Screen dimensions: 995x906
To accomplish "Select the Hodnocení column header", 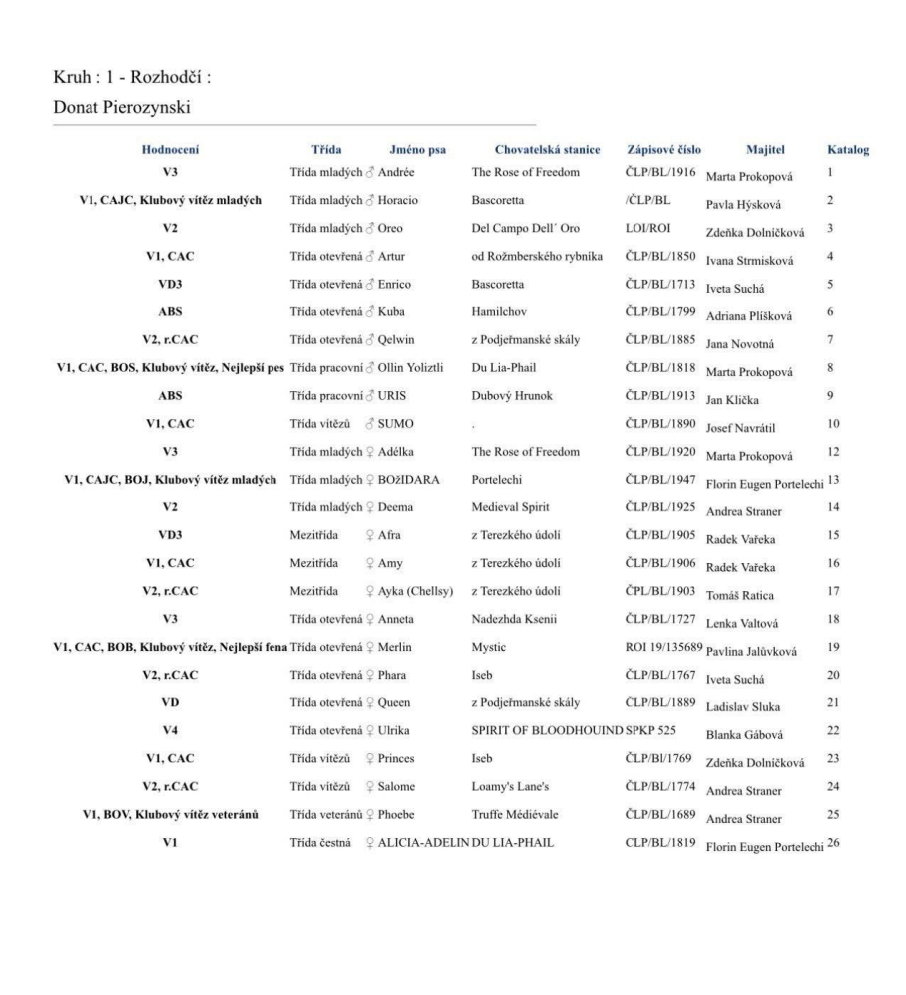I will pos(170,150).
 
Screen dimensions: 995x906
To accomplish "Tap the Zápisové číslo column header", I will pos(663,150).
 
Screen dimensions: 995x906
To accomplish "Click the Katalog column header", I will pos(848,150).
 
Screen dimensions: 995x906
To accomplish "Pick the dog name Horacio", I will pos(398,200).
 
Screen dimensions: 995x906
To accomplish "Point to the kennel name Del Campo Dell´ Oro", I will pos(525,228).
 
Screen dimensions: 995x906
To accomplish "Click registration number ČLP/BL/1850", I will pos(659,256).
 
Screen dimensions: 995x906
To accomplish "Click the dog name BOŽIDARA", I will pos(409,479).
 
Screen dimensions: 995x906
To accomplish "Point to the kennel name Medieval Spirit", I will pos(511,507).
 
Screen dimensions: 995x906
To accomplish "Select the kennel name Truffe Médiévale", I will pos(515,815).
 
